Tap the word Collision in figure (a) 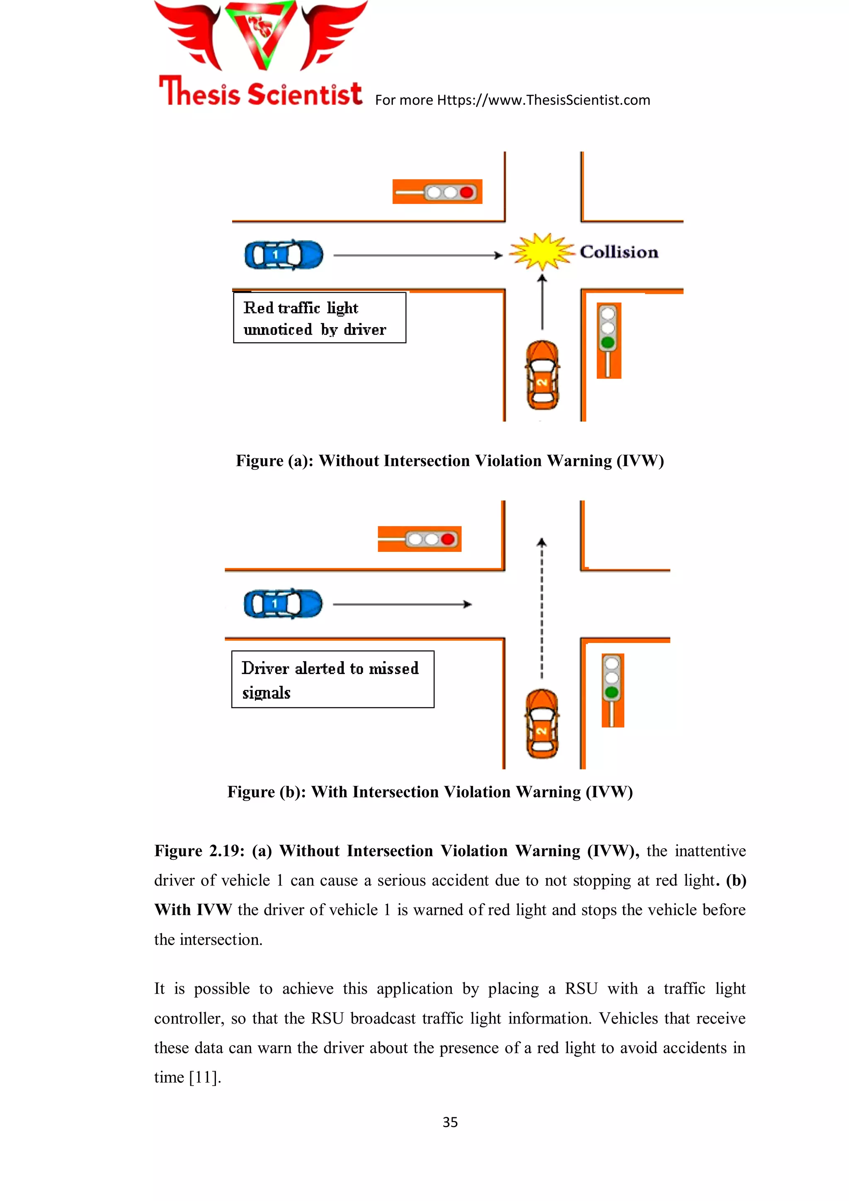click(619, 252)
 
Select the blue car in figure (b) click(283, 604)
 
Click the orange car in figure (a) click(543, 375)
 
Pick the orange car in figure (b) click(543, 724)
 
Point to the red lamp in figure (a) click(467, 192)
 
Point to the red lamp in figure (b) click(448, 539)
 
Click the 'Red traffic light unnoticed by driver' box click(319, 318)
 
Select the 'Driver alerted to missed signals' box click(333, 679)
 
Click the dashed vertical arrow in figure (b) click(542, 607)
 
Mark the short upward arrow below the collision click(543, 302)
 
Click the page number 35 click(450, 1122)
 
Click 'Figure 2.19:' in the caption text click(199, 851)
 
